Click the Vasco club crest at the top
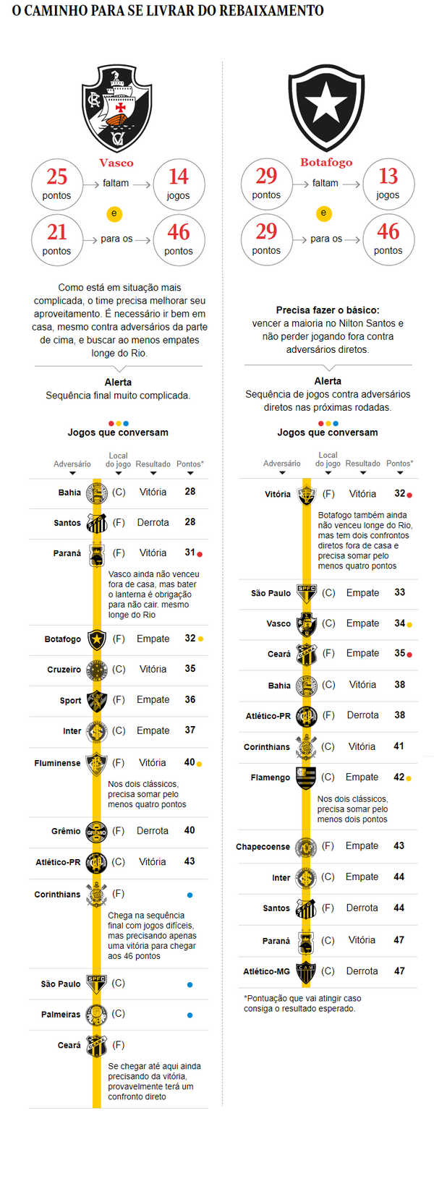tap(116, 108)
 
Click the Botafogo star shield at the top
tap(326, 108)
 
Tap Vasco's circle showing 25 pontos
tap(57, 184)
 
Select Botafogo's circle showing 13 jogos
tap(388, 184)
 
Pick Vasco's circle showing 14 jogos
tap(179, 184)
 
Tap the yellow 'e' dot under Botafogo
tap(323, 213)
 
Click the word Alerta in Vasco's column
tap(118, 382)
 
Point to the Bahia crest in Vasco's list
tap(96, 492)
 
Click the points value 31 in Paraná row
tap(190, 553)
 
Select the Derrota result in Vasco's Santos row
tap(153, 522)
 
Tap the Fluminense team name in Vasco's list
tap(57, 763)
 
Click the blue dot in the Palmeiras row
tap(190, 1015)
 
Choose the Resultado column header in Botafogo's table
tap(362, 464)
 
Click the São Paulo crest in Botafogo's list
tap(307, 593)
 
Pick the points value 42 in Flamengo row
tap(399, 777)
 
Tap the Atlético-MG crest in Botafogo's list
tap(306, 971)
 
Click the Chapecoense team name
tap(263, 847)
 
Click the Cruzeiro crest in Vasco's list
tap(96, 670)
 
